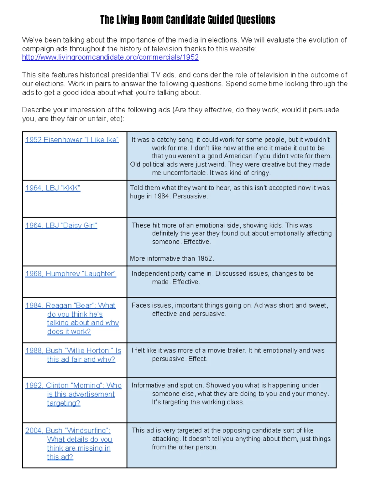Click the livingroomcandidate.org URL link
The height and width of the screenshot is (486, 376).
(110, 57)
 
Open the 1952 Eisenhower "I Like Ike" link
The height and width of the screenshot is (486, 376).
(72, 140)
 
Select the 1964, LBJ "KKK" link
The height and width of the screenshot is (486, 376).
(53, 188)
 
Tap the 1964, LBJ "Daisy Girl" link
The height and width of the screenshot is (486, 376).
(61, 225)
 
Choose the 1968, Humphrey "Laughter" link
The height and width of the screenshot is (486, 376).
(70, 274)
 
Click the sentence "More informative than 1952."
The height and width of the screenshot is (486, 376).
(172, 258)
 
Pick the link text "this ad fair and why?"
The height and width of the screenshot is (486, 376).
(81, 359)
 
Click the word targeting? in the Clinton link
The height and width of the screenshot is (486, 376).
(64, 403)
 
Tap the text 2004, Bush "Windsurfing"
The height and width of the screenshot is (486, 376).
(67, 431)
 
